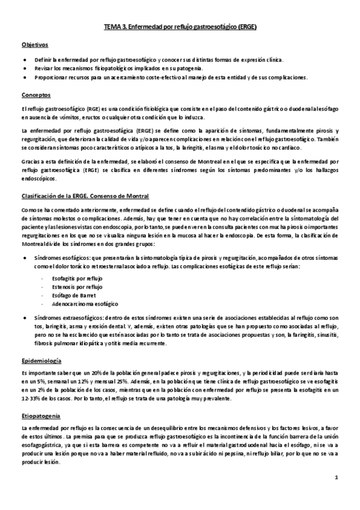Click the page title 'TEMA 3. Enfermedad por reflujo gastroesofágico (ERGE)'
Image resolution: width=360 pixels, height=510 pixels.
(x=180, y=27)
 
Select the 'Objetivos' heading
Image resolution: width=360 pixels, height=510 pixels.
(x=35, y=45)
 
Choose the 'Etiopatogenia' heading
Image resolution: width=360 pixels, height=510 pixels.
(x=41, y=414)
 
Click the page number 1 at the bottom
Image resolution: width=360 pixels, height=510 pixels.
(x=337, y=478)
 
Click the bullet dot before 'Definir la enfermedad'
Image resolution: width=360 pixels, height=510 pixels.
(x=23, y=60)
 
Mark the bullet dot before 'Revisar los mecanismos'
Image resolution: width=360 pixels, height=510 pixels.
(x=23, y=69)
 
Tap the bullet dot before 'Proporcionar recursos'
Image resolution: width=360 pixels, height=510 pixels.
(x=23, y=77)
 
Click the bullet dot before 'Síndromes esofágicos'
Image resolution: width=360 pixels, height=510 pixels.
(x=23, y=257)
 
